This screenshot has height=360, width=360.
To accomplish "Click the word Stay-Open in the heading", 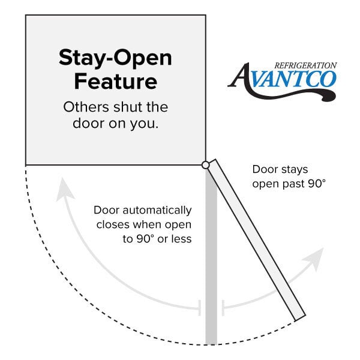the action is [x=115, y=58].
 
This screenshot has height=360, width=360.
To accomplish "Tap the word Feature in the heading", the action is [x=115, y=81].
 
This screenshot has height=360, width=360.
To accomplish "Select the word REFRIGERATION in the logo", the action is [x=305, y=65].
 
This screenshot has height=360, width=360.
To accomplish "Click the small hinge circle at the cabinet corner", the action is [x=206, y=165].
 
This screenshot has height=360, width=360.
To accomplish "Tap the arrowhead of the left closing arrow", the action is [x=65, y=189].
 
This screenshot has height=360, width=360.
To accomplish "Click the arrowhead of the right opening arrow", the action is [x=314, y=259].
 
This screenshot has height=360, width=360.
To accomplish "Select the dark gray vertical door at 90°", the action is [x=211, y=256].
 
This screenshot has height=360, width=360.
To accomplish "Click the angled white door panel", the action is [x=257, y=239].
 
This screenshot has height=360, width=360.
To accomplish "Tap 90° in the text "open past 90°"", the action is [x=317, y=184].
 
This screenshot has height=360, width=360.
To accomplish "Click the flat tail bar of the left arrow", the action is [x=200, y=308].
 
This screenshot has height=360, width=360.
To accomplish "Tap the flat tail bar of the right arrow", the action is [x=223, y=308].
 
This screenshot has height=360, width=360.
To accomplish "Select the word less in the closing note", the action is [x=182, y=239].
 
